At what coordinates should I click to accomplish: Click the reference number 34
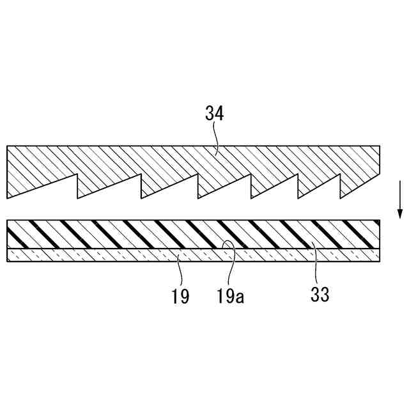(x=215, y=114)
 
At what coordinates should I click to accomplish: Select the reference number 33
(x=320, y=295)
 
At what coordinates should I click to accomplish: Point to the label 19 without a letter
(x=180, y=296)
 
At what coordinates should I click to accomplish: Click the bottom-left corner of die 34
(x=7, y=197)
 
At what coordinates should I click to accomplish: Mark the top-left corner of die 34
(x=7, y=146)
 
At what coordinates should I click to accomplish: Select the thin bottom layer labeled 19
(x=96, y=255)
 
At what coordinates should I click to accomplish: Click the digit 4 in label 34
(x=220, y=114)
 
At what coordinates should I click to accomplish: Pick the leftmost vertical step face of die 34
(x=77, y=185)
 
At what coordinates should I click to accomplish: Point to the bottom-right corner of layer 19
(x=382, y=261)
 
